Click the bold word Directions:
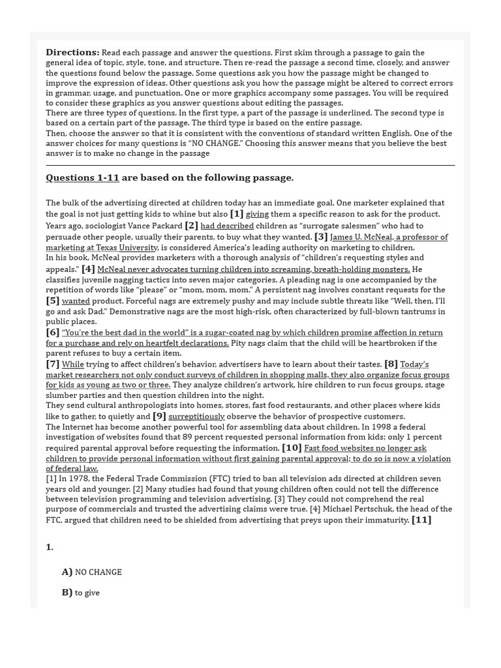coord(72,52)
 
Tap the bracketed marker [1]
coord(236,213)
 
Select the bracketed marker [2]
coord(191,225)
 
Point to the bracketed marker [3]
coord(321,237)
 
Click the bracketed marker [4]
coord(88,268)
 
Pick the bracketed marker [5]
coord(53,300)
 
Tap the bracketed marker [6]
coord(53,332)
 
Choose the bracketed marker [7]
coord(53,363)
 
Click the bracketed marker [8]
coord(391,363)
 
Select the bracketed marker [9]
coord(159,416)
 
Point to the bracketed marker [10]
coord(292,448)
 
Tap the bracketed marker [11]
coord(421,519)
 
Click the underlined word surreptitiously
coord(196,416)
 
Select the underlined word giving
coord(257,214)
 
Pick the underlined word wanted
coord(76,301)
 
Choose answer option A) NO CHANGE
coord(92,572)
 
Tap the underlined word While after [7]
coord(73,364)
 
